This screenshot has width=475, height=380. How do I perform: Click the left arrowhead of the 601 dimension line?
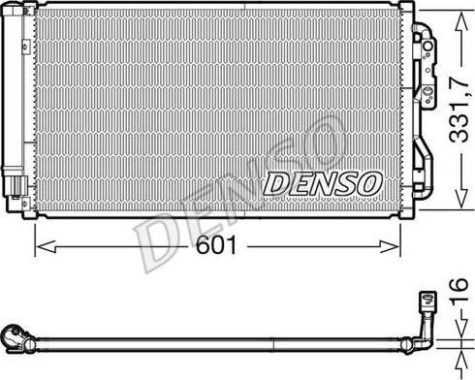[39, 246]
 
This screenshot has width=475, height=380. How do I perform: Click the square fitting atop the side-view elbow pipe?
[424, 302]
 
